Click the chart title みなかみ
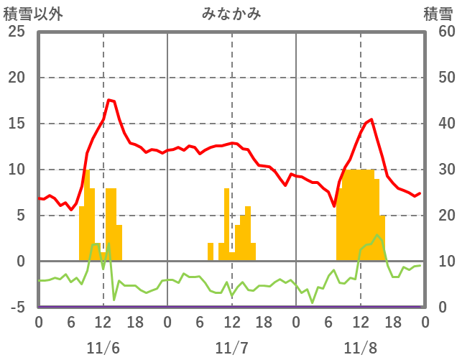(x=231, y=13)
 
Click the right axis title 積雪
(x=438, y=13)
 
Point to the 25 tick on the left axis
(x=15, y=32)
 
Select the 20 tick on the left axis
(x=15, y=78)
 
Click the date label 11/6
(x=103, y=348)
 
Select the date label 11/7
(x=231, y=348)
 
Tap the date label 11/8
(x=361, y=348)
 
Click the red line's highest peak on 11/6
(x=109, y=100)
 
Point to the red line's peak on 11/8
(x=371, y=119)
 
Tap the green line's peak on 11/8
(x=377, y=234)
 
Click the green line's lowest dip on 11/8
(x=313, y=303)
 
